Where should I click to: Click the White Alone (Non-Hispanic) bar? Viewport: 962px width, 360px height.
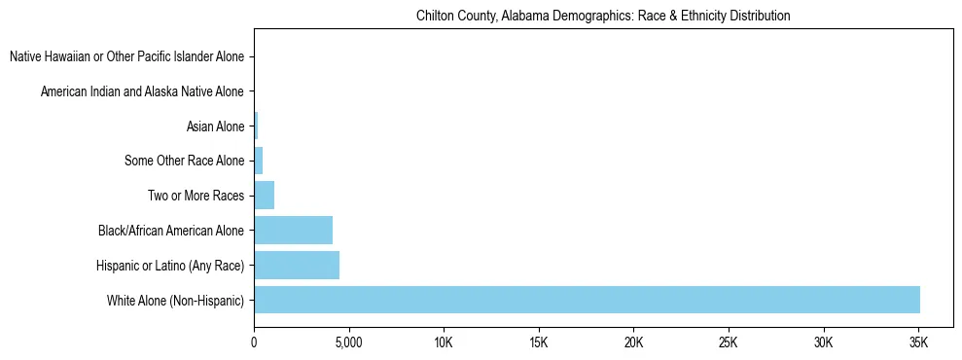(x=587, y=300)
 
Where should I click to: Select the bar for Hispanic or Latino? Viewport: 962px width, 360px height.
(x=297, y=265)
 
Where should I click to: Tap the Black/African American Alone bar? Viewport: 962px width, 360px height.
(x=293, y=231)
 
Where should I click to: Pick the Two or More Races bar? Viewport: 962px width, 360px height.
(x=264, y=196)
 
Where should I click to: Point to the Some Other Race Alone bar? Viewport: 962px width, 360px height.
(x=258, y=161)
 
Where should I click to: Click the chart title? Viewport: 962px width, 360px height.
(x=603, y=17)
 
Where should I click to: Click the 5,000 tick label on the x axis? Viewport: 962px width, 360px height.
(x=348, y=342)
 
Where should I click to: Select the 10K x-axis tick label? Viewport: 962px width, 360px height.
(x=444, y=342)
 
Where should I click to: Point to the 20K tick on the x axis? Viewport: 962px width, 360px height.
(x=633, y=342)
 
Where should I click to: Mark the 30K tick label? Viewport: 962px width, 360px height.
(x=823, y=342)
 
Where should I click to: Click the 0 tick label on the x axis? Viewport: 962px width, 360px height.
(x=254, y=342)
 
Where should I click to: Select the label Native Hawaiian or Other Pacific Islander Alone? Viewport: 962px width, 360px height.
(x=126, y=57)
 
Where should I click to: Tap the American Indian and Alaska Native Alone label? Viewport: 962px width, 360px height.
(x=142, y=92)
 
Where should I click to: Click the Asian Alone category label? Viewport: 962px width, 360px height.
(x=215, y=126)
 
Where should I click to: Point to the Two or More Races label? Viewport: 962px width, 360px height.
(x=196, y=196)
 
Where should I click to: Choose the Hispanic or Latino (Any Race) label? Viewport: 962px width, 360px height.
(x=170, y=266)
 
